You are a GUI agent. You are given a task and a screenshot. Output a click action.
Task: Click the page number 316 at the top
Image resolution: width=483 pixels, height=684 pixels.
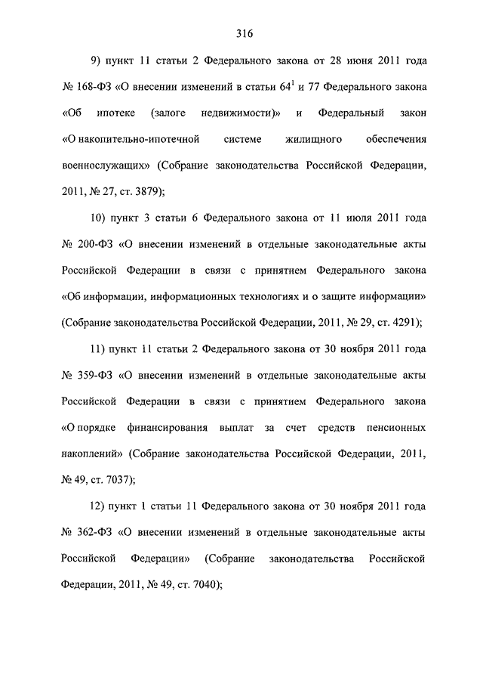[243, 33]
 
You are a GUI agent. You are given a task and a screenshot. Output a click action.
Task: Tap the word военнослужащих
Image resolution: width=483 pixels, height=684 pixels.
[103, 166]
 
